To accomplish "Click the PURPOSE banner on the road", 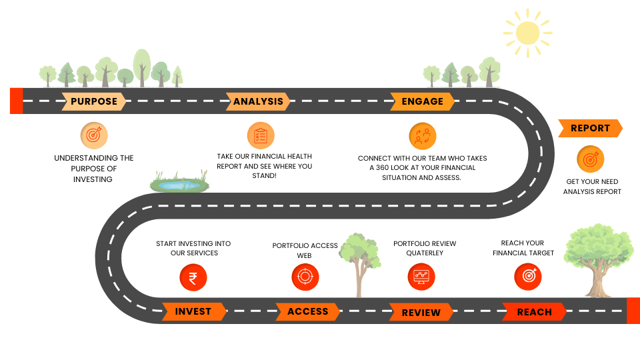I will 94,101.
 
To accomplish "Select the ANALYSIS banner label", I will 258,101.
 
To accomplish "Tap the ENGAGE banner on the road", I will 423,101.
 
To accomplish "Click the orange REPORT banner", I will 590,128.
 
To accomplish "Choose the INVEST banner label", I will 193,311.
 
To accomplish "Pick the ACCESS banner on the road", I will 308,311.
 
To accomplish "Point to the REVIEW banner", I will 421,312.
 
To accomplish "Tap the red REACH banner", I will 535,312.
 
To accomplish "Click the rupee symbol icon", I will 193,277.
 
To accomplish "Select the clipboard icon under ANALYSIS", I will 261,135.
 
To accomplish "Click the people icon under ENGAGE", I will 423,136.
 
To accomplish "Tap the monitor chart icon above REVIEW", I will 421,277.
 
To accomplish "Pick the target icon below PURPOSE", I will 93,135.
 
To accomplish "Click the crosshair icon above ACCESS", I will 305,277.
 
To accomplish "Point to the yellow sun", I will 527,32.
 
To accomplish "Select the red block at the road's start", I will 17,101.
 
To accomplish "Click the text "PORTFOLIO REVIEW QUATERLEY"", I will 425,249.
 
